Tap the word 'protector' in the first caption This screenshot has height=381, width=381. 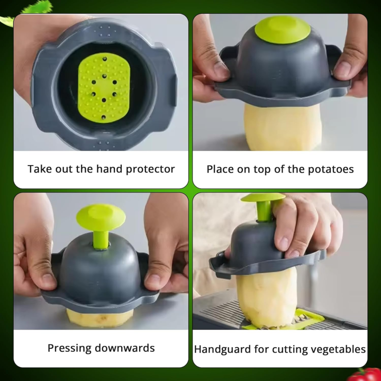(x=151, y=169)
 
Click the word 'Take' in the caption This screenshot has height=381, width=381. (x=39, y=169)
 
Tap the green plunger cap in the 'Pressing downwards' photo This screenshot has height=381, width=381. (x=101, y=215)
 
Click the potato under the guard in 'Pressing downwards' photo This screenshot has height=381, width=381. (x=99, y=318)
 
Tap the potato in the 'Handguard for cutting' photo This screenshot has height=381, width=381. (x=265, y=296)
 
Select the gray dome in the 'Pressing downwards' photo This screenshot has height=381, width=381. (x=101, y=270)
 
